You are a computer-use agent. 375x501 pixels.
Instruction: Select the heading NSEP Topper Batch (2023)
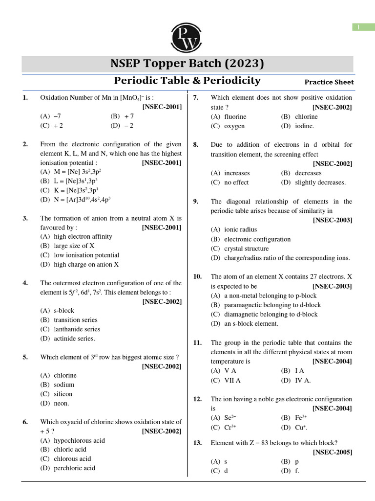[187, 64]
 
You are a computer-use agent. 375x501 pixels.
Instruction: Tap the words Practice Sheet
[329, 82]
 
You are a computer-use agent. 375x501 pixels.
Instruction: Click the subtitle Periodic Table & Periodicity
[187, 81]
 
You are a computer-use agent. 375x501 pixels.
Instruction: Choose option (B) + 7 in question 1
[123, 116]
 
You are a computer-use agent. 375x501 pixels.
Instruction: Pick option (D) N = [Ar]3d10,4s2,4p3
[76, 200]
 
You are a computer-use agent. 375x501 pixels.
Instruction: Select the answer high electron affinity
[76, 236]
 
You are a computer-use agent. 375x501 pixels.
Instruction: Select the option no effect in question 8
[230, 182]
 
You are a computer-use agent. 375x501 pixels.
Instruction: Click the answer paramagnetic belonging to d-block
[266, 305]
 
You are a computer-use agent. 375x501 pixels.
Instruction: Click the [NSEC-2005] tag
[332, 453]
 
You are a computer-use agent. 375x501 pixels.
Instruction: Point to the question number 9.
[195, 202]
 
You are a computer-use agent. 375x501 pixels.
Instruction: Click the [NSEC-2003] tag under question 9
[332, 220]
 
